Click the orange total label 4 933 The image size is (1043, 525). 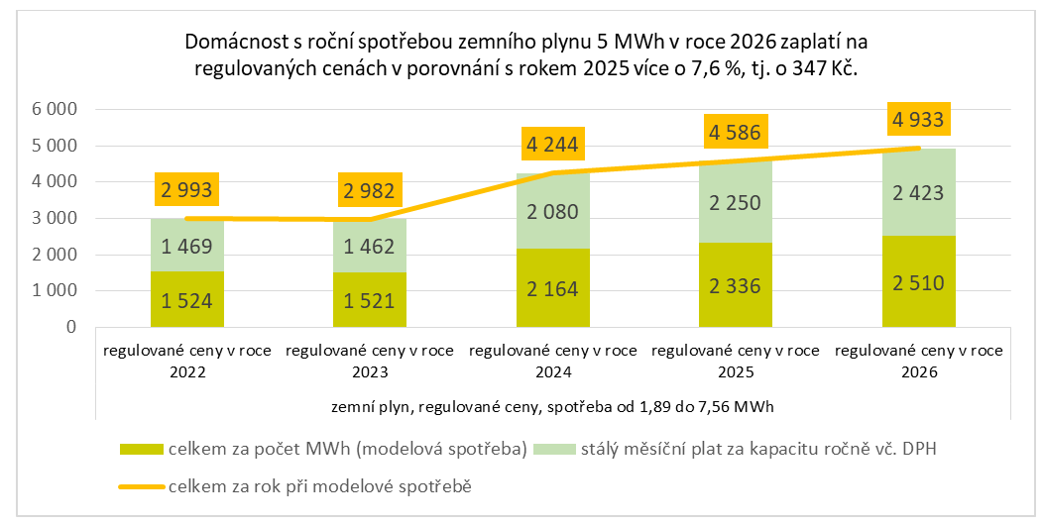pyautogui.click(x=918, y=121)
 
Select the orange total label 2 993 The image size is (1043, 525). pyautogui.click(x=187, y=192)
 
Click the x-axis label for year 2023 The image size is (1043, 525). pyautogui.click(x=370, y=362)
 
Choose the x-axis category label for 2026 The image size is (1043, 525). pyautogui.click(x=919, y=362)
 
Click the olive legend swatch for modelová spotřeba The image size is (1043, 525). pyautogui.click(x=143, y=450)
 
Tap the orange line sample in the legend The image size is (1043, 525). pyautogui.click(x=143, y=486)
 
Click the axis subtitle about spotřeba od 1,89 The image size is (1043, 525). pyautogui.click(x=553, y=406)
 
